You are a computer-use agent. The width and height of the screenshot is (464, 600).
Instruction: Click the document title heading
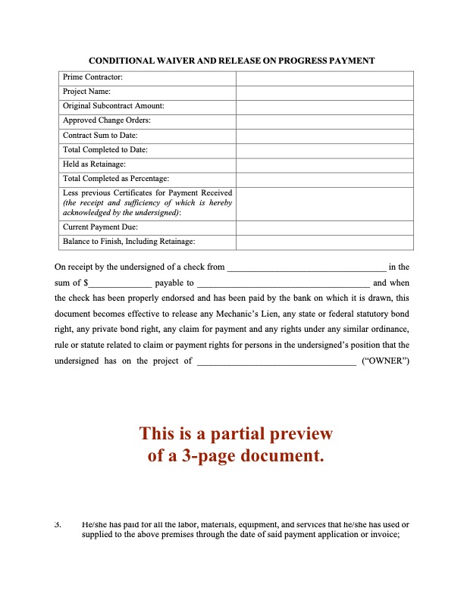232,60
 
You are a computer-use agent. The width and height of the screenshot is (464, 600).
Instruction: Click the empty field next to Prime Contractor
324,77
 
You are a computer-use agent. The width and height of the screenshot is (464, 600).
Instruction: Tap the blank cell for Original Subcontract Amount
324,106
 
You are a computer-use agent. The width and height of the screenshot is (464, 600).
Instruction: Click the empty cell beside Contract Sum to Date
324,136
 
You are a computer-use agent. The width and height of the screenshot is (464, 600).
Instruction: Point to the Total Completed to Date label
105,150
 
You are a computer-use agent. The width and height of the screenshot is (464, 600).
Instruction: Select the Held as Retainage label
94,164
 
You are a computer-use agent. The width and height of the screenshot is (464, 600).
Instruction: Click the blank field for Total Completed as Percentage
324,179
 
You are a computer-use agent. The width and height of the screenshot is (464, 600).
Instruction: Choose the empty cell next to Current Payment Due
324,227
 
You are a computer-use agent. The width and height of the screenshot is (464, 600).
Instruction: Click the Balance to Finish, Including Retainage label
129,242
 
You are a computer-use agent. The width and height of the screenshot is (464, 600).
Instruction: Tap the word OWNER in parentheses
387,361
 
